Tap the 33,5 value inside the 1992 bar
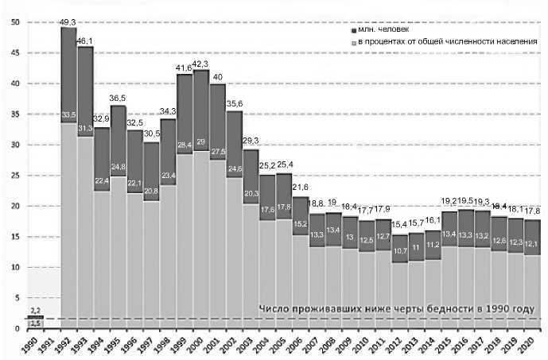tap(68, 115)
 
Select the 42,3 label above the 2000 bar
tap(201, 64)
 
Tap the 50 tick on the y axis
tap(14, 21)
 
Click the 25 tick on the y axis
tap(14, 176)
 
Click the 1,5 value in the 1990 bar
tap(36, 323)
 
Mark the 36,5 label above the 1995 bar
tap(118, 99)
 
